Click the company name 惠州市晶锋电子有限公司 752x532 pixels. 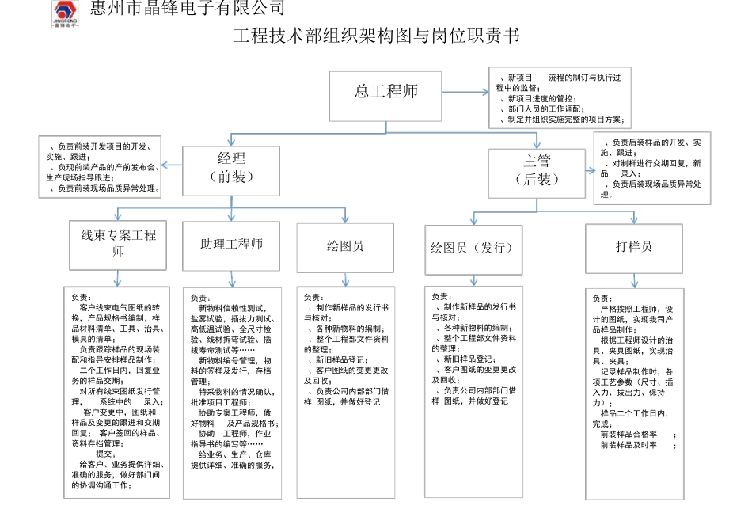coord(188,9)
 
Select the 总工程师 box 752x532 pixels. coord(385,96)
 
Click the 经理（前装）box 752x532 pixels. coord(231,169)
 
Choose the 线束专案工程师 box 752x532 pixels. coord(118,245)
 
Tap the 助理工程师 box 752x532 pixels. coord(231,245)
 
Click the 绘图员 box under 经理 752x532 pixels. coord(344,247)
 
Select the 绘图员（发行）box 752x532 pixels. coord(473,249)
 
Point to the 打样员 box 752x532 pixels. coord(633,248)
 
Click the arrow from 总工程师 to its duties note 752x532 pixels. coord(466,93)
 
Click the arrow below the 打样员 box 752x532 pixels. coord(633,280)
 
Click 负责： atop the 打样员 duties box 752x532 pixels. coord(602,298)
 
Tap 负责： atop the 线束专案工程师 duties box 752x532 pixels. coord(81,298)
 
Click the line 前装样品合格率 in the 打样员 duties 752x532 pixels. coord(629,435)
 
